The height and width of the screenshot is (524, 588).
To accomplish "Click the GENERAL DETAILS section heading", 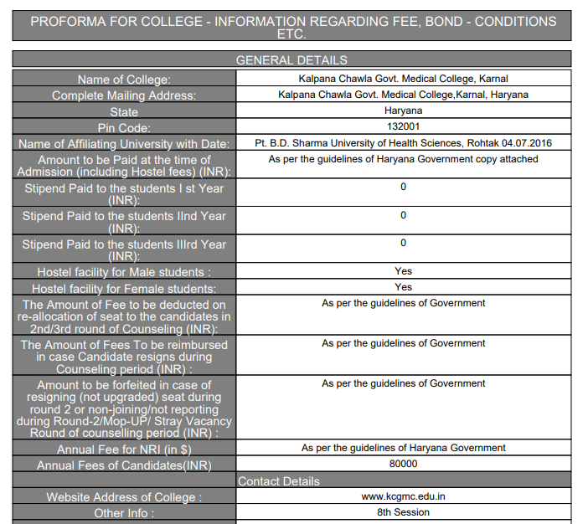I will [x=291, y=60].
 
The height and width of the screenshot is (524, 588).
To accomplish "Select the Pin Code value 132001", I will [x=404, y=126].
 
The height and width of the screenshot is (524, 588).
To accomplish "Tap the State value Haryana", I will [x=404, y=110].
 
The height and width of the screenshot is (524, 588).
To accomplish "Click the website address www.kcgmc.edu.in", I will [x=404, y=496].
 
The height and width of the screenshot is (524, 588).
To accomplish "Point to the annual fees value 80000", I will [x=404, y=464].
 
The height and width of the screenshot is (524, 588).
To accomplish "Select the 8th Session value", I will [x=404, y=512].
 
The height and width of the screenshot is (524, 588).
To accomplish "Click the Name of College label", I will [x=124, y=80].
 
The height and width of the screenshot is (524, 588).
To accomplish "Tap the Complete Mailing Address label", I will [x=124, y=95].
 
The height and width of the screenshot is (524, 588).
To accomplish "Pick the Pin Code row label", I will [x=124, y=128].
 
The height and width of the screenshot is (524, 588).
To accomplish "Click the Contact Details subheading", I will [x=279, y=481].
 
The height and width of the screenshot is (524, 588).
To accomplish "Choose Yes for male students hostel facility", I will [x=404, y=271].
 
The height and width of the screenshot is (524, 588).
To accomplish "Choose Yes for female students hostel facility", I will [x=404, y=287].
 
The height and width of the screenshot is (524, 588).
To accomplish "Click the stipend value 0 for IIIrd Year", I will [x=404, y=243].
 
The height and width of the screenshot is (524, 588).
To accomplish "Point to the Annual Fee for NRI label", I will [x=124, y=450].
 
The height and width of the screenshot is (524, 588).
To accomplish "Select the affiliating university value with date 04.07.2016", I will [x=404, y=143].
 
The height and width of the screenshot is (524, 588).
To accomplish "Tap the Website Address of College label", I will [x=124, y=497].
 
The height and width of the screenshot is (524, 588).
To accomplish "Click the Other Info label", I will [x=124, y=513].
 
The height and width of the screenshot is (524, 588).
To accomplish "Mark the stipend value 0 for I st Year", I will [x=404, y=187].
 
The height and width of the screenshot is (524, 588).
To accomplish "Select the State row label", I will [x=124, y=111].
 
